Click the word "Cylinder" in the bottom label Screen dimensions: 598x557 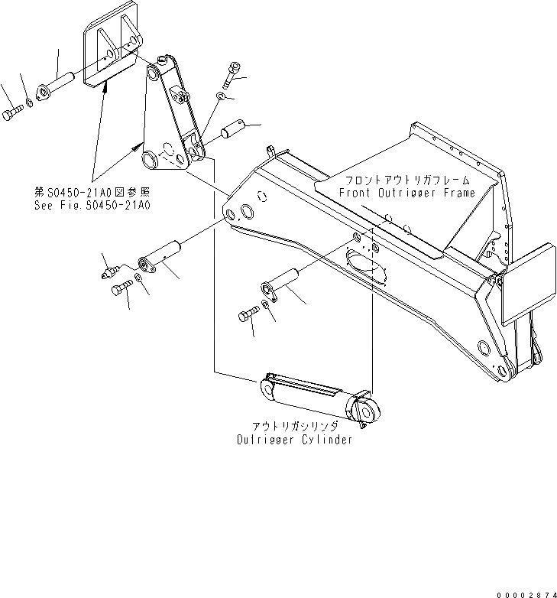click(328, 440)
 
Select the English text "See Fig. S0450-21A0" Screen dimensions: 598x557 click(91, 206)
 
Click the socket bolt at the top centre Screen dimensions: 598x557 click(231, 77)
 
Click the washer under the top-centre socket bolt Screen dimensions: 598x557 click(220, 96)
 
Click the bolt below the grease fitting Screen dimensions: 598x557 click(121, 289)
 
